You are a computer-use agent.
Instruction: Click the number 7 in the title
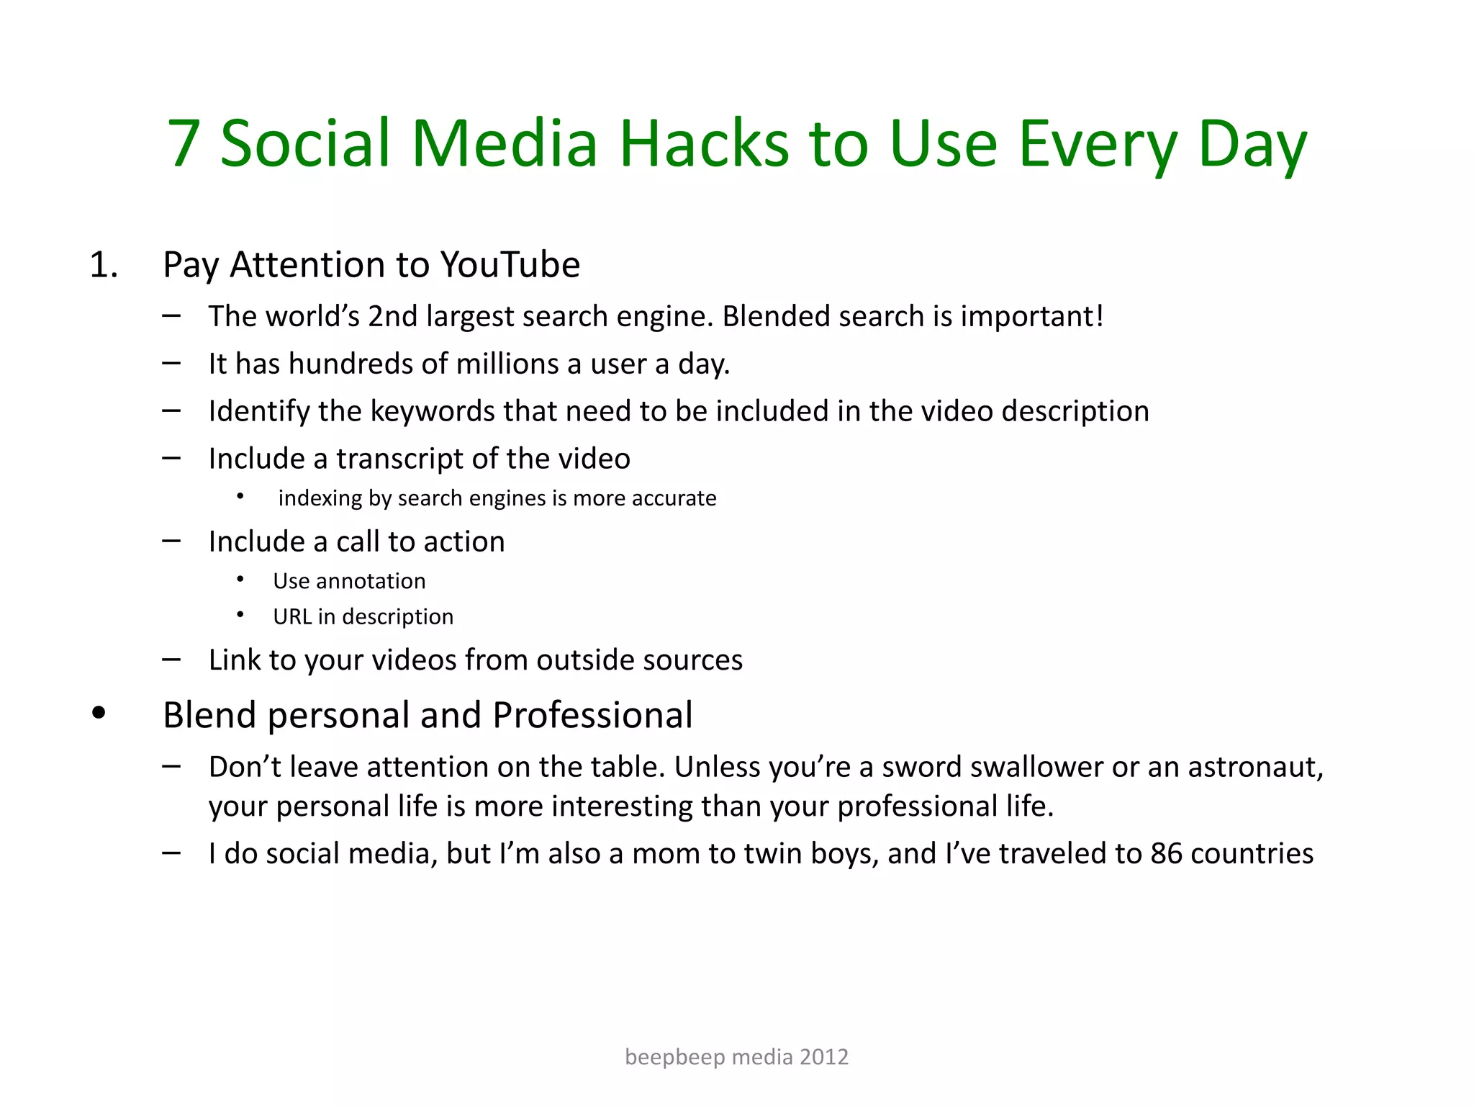[x=184, y=143]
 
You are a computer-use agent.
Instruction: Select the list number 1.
[x=103, y=265]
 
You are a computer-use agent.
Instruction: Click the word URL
[x=291, y=617]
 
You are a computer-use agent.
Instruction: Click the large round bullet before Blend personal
[x=99, y=714]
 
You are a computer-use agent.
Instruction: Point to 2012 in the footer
[x=824, y=1057]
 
